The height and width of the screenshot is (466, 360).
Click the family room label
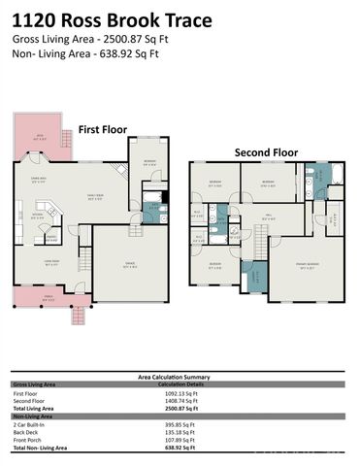tap(95, 198)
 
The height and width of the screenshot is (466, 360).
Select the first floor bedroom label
tap(149, 163)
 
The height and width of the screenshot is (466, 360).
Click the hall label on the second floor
tap(268, 219)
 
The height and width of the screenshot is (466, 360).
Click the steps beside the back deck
tap(66, 139)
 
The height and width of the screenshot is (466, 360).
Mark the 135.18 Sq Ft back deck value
tap(176, 432)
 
